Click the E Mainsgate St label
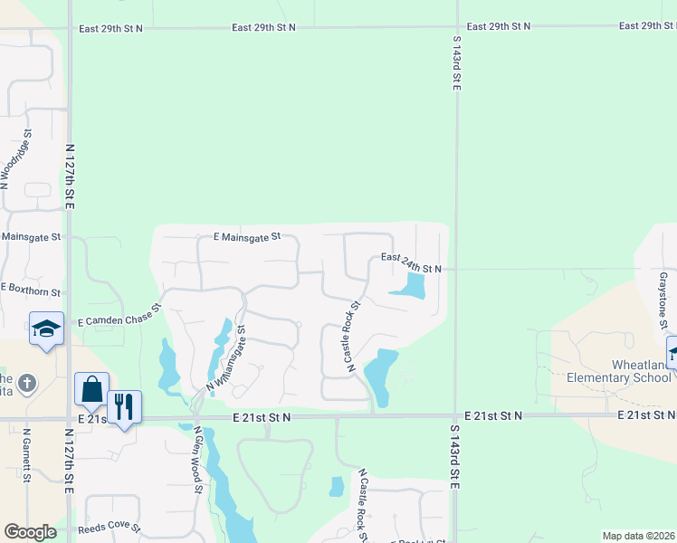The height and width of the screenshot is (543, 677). [247, 236]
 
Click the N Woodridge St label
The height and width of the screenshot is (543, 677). [16, 158]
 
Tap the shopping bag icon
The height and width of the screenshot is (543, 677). [91, 389]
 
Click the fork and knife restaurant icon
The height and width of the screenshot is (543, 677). [124, 405]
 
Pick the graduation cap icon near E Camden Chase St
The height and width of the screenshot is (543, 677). [46, 329]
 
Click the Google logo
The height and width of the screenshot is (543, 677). [30, 532]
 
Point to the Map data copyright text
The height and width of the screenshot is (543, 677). [637, 536]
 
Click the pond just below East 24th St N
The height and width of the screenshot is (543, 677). [410, 288]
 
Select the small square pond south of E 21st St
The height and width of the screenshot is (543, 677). [337, 486]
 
